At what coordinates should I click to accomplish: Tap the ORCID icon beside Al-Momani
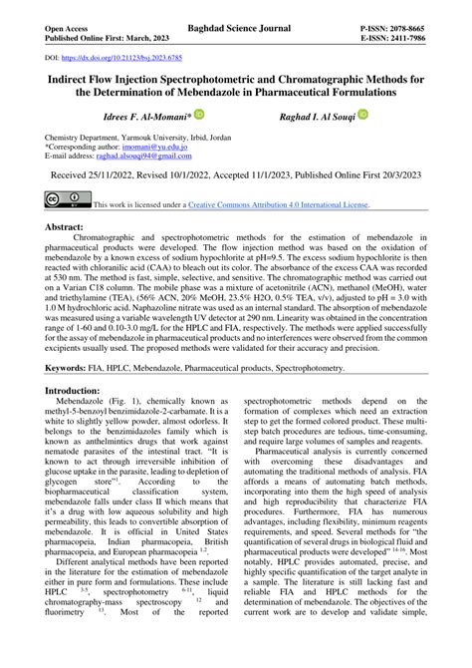click(198, 116)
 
